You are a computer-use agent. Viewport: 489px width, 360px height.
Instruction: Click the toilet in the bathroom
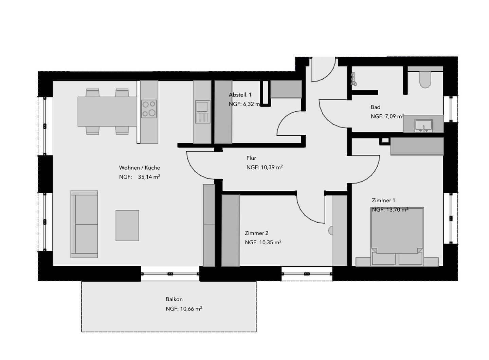(425, 79)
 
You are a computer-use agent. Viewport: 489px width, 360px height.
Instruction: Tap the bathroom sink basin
(423, 125)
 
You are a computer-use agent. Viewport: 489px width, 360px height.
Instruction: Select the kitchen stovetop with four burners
(149, 109)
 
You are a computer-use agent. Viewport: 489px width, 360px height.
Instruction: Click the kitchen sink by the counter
(202, 112)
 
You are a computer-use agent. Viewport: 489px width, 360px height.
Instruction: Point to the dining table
(107, 111)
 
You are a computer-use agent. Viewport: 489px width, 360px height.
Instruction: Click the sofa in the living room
(84, 224)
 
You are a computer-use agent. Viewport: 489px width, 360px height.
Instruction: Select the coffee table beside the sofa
(127, 225)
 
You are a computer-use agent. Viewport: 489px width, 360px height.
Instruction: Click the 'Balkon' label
(174, 299)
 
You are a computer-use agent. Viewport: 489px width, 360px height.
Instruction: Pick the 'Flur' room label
(251, 158)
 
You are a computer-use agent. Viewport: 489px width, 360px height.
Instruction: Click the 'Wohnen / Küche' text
(139, 168)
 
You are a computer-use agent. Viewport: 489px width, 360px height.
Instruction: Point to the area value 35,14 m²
(149, 177)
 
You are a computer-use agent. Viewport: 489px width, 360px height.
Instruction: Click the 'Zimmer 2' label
(256, 233)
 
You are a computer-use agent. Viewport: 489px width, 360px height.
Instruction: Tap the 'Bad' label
(375, 107)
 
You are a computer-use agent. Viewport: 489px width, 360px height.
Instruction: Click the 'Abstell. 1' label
(240, 95)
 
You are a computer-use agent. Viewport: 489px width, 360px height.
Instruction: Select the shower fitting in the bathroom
(354, 79)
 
